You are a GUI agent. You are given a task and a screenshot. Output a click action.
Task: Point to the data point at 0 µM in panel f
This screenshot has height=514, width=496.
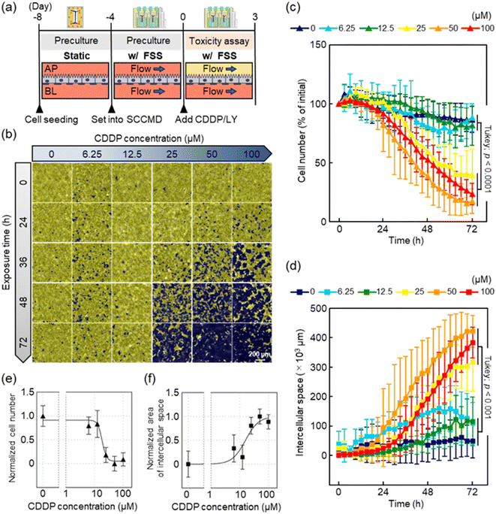(x=188, y=464)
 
